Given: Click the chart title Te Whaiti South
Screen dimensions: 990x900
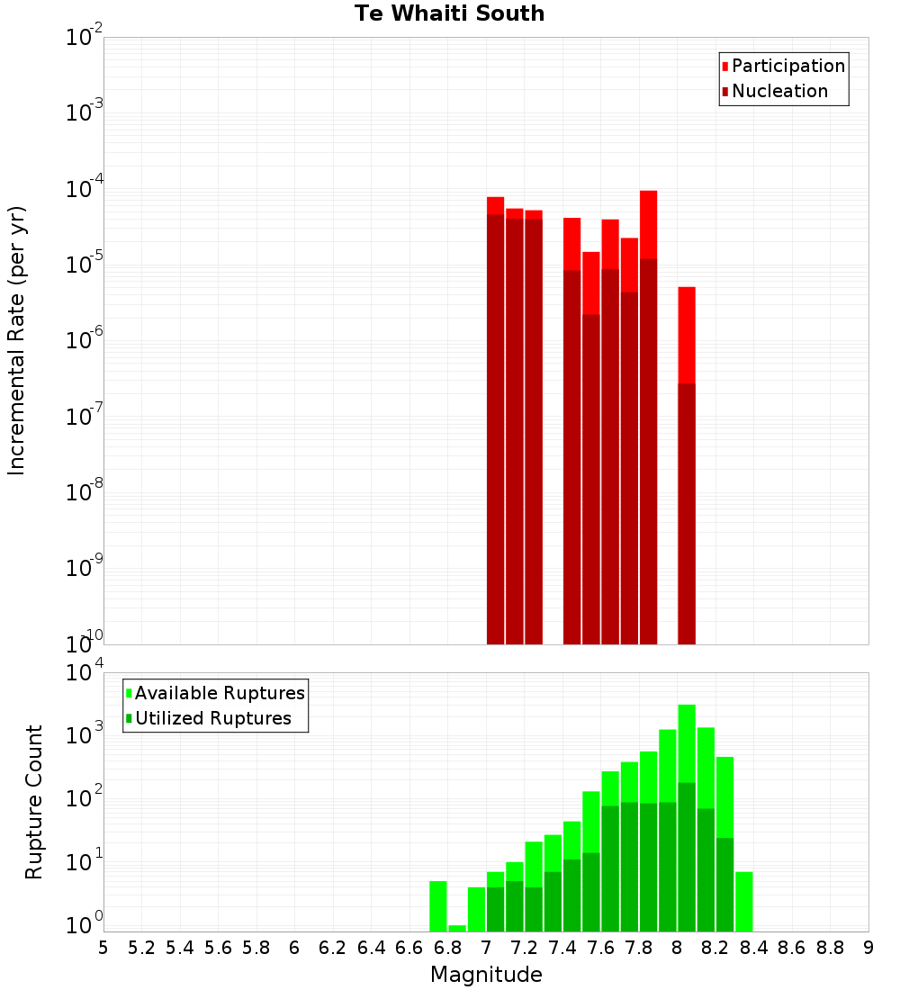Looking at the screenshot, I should (449, 13).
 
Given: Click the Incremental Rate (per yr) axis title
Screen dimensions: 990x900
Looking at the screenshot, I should (17, 340).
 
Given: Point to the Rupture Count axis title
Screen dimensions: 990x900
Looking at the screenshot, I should (34, 801).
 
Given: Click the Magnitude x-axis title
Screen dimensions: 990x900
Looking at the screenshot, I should (486, 975).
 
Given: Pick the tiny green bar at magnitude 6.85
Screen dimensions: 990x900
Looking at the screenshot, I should (457, 928).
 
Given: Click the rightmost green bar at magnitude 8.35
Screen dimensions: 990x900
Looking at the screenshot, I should (743, 901).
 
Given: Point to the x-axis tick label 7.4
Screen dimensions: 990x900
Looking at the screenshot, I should (562, 948).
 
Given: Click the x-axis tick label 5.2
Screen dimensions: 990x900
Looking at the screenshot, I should (141, 948).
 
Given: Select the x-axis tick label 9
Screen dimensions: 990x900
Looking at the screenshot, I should (868, 948).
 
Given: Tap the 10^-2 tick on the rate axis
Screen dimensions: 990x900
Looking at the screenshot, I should (85, 38).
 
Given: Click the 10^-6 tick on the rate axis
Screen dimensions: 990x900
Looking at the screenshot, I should (85, 341).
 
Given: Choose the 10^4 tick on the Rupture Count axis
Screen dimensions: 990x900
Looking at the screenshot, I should (86, 673).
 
